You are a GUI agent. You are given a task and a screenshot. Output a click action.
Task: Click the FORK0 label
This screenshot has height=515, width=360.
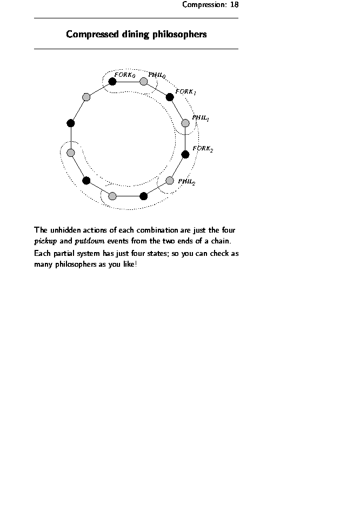tap(124, 75)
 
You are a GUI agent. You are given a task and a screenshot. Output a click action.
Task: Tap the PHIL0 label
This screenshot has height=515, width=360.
tap(157, 76)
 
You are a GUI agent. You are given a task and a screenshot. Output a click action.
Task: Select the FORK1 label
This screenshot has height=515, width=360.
tap(185, 92)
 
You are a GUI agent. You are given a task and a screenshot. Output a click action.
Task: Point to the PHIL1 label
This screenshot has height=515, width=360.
tap(201, 118)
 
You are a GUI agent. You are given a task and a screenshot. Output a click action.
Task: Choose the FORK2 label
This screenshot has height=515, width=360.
tap(203, 148)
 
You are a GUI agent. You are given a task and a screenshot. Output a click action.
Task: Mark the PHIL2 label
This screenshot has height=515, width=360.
tap(186, 182)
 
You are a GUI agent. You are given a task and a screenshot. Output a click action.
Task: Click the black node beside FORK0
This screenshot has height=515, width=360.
tap(112, 82)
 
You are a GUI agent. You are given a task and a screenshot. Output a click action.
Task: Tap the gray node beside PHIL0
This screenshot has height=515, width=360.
tap(144, 82)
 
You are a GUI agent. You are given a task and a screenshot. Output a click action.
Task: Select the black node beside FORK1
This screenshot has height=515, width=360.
tap(170, 97)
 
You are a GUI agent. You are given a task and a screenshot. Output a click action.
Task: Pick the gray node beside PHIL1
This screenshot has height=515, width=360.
tap(185, 123)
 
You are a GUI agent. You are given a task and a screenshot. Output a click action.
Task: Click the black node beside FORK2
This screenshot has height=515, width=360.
tap(185, 154)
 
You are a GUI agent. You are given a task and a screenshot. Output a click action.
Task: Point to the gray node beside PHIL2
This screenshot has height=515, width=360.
tap(170, 180)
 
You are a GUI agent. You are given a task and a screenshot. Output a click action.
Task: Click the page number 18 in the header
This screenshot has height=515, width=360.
tap(234, 5)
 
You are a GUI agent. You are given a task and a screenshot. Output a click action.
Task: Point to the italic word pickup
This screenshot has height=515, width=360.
tap(45, 241)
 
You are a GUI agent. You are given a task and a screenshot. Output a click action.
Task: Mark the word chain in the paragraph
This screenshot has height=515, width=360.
tap(224, 241)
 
